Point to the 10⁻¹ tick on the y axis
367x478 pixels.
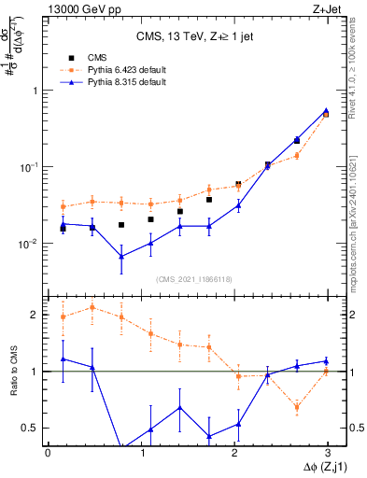click(31, 167)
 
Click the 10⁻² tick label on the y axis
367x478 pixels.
click(31, 244)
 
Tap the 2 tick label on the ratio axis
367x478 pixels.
click(35, 315)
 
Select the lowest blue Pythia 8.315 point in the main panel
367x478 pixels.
click(121, 257)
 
